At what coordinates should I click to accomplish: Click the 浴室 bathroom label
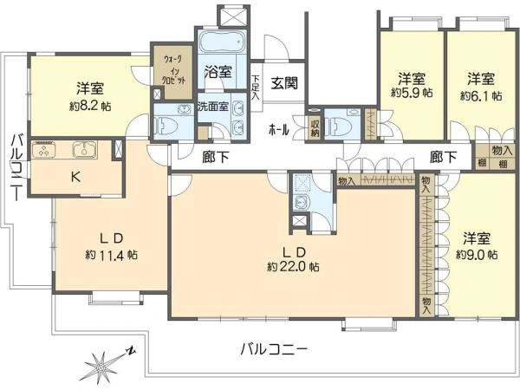click(x=218, y=73)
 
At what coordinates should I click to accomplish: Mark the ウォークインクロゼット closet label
click(x=166, y=66)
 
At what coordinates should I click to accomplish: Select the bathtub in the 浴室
click(x=223, y=43)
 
